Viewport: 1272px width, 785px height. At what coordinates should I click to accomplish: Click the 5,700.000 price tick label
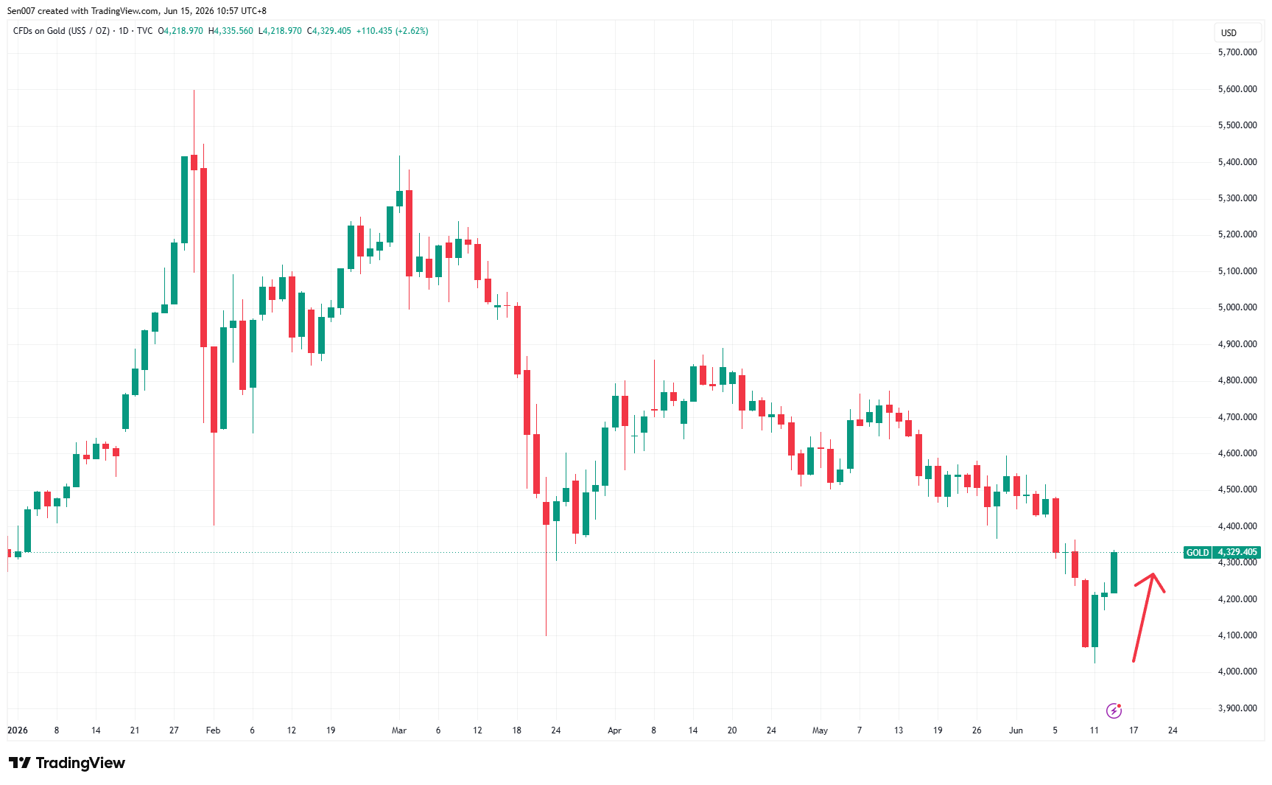click(x=1237, y=52)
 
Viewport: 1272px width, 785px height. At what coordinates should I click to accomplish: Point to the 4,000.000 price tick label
click(x=1237, y=671)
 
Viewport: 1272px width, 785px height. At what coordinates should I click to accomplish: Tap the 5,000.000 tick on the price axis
click(x=1237, y=307)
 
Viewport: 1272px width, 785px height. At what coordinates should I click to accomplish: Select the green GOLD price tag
click(x=1198, y=552)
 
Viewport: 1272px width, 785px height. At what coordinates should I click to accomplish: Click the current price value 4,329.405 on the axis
click(x=1237, y=552)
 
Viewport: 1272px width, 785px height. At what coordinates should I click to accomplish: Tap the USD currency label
click(x=1229, y=32)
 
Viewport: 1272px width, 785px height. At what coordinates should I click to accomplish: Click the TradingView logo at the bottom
click(x=67, y=763)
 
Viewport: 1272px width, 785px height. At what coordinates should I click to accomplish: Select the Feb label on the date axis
click(x=213, y=730)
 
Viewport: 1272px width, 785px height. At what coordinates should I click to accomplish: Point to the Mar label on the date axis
click(x=399, y=730)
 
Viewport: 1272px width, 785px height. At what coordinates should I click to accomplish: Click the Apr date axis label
click(x=614, y=730)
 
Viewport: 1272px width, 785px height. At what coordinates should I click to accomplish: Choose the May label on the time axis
click(x=820, y=730)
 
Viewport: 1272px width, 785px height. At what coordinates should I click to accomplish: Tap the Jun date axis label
click(x=1016, y=730)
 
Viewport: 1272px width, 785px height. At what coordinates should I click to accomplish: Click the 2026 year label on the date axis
click(x=18, y=730)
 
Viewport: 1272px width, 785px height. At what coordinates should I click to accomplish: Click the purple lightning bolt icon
click(x=1114, y=711)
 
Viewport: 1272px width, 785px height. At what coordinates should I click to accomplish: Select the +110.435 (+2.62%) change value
click(x=392, y=31)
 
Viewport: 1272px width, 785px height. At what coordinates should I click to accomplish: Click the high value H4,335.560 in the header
click(x=231, y=31)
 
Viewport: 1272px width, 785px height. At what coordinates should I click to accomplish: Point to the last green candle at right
click(x=1114, y=573)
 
